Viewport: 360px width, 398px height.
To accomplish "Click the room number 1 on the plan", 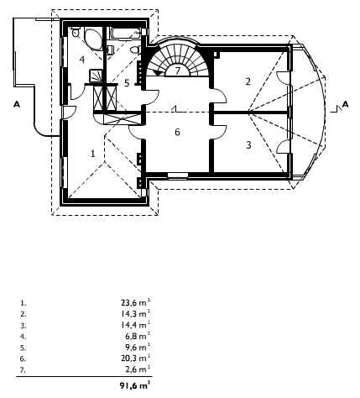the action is coord(93,154).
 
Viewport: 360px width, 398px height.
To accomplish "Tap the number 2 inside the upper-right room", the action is coord(248,81).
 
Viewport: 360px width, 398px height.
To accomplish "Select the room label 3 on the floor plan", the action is coord(248,145).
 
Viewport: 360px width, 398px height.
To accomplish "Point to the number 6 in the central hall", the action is coord(177,132).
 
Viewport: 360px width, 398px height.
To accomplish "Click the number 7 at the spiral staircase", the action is coord(178,71).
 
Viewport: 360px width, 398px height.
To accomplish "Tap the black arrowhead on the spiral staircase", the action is coord(159,72).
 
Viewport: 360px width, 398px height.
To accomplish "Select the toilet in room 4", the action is coord(76,33).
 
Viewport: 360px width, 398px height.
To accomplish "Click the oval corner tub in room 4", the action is coord(93,39).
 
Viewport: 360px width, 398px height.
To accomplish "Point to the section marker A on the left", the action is coord(17,105).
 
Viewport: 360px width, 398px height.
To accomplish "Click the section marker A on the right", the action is coord(346,104).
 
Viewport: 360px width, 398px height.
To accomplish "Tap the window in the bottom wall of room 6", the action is coord(178,175).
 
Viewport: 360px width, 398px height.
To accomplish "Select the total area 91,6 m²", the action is coord(135,385).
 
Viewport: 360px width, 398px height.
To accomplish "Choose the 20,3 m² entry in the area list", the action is coord(136,359).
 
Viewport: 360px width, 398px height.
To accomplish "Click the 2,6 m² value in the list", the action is coord(138,369).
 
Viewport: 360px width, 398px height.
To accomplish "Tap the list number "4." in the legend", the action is coord(23,337).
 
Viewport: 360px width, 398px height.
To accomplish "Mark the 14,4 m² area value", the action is coord(136,325).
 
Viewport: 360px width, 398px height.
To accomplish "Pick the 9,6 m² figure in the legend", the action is coord(138,348).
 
